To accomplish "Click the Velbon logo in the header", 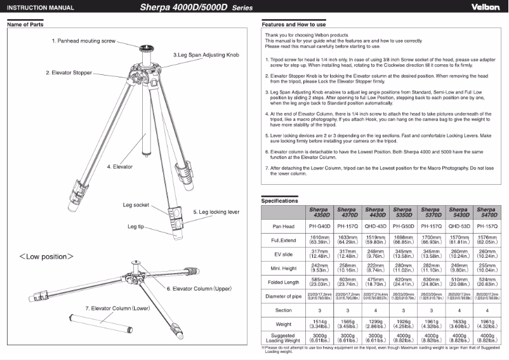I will pyautogui.click(x=486, y=8).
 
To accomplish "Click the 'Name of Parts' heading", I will pyautogui.click(x=25, y=24).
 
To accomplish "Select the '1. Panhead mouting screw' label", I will pyautogui.click(x=84, y=41).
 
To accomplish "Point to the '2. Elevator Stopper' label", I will pyautogui.click(x=69, y=73).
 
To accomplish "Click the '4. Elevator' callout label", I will pyautogui.click(x=119, y=167).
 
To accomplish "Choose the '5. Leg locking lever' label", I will pyautogui.click(x=216, y=211).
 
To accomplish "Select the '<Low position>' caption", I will pyautogui.click(x=46, y=257).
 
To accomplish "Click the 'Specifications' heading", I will pyautogui.click(x=280, y=201).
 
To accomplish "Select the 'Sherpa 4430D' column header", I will pyautogui.click(x=374, y=212).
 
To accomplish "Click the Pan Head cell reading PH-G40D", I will pyautogui.click(x=319, y=226).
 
